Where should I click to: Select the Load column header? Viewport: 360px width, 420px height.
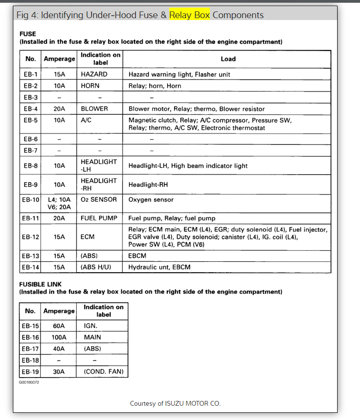coord(228,59)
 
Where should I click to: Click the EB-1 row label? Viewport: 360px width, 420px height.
coord(31,74)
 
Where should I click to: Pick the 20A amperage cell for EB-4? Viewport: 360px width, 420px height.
coord(59,109)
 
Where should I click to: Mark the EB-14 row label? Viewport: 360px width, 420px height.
coord(31,267)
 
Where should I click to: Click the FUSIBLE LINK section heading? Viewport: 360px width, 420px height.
coord(41,284)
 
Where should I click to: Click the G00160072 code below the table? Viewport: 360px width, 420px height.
coord(29,382)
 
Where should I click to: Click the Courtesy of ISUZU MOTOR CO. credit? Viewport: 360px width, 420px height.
coord(175,404)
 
